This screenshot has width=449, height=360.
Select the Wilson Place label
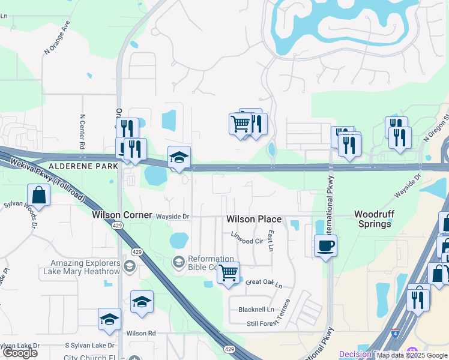pyautogui.click(x=254, y=220)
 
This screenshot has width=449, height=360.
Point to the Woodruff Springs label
pyautogui.click(x=373, y=218)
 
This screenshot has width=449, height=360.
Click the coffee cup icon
pyautogui.click(x=325, y=246)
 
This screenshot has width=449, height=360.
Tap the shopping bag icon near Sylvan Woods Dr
pyautogui.click(x=38, y=196)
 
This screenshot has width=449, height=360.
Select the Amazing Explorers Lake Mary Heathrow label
pyautogui.click(x=86, y=267)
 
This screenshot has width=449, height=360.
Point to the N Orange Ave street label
pyautogui.click(x=58, y=38)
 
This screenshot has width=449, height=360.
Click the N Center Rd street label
pyautogui.click(x=82, y=132)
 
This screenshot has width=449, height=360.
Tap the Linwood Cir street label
pyautogui.click(x=247, y=241)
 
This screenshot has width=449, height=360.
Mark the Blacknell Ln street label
pyautogui.click(x=256, y=310)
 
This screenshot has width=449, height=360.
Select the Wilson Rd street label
pyautogui.click(x=141, y=333)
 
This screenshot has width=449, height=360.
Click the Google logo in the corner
pyautogui.click(x=20, y=353)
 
